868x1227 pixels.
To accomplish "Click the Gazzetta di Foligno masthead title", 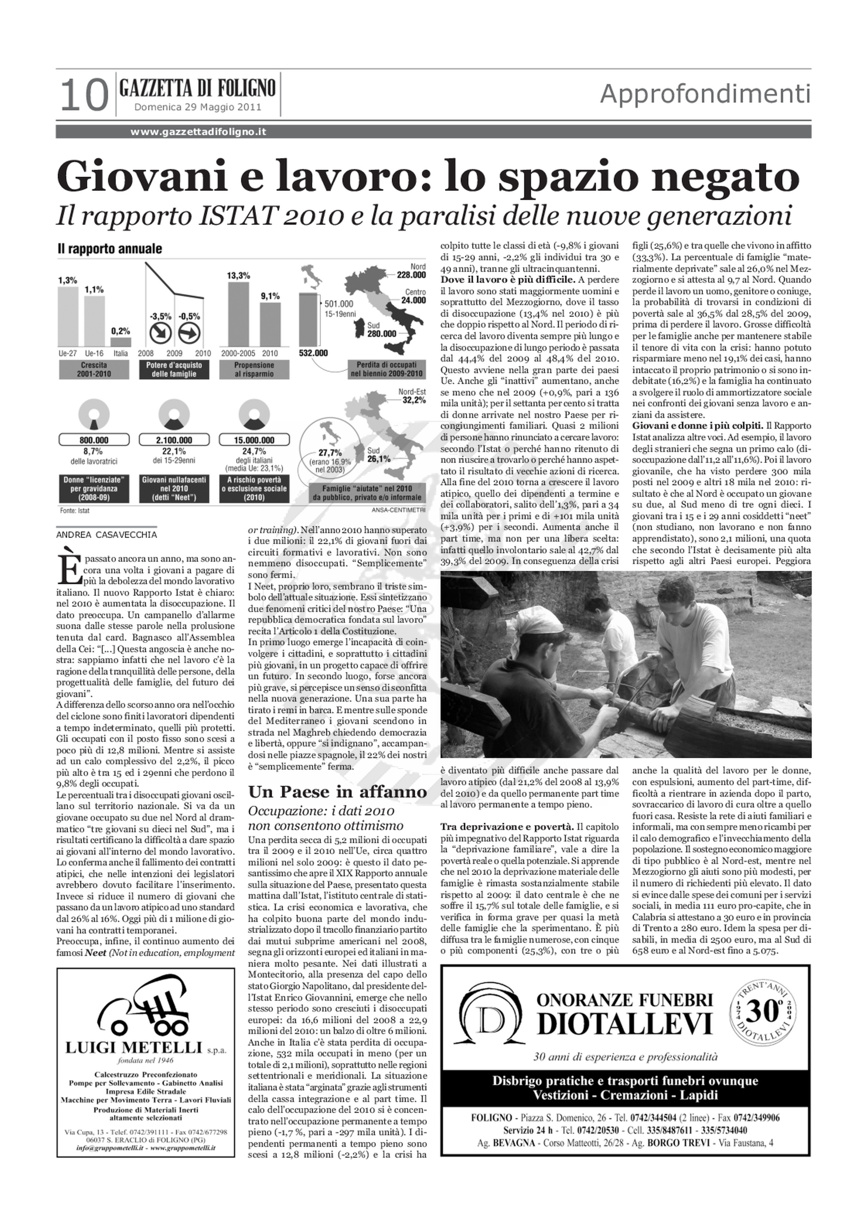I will tap(198, 87).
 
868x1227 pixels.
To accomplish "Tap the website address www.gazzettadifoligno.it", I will tap(198, 132).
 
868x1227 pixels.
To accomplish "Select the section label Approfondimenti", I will tap(705, 95).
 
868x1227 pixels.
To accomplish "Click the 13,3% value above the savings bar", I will tap(239, 276).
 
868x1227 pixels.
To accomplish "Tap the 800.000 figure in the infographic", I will tap(94, 440).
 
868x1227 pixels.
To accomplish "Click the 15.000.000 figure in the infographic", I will tap(254, 440).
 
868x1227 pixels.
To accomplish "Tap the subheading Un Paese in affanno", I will tap(338, 791).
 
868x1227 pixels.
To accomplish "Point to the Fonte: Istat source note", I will tap(75, 510).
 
